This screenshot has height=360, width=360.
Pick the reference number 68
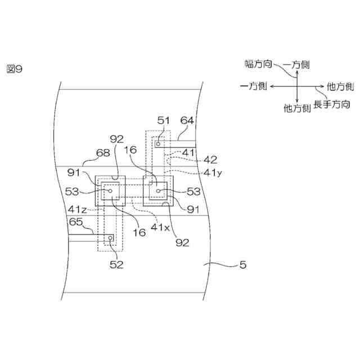pyautogui.click(x=88, y=152)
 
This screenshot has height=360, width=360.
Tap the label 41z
pyautogui.click(x=77, y=209)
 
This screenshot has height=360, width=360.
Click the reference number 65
pyautogui.click(x=76, y=222)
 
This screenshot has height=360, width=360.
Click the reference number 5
pyautogui.click(x=242, y=263)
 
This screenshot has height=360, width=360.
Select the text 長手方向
pyautogui.click(x=332, y=105)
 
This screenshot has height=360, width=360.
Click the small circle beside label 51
pyautogui.click(x=158, y=144)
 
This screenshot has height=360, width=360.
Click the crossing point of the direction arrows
pyautogui.click(x=296, y=87)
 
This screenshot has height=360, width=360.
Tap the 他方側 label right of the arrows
pyautogui.click(x=340, y=87)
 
